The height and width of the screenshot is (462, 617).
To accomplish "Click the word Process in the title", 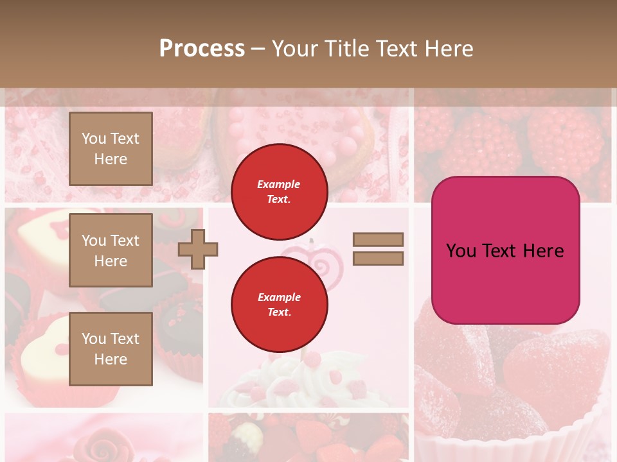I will pos(202,49).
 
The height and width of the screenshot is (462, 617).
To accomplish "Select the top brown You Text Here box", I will pos(111,149).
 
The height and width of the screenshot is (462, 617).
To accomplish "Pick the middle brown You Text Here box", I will pos(111,250).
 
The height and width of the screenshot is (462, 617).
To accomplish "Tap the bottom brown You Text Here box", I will pos(111,348).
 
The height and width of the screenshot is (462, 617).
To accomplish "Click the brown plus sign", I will pos(198,249).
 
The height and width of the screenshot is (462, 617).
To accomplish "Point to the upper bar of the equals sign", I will pos(378,239).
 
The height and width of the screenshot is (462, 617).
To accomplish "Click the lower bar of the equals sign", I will pos(378,259).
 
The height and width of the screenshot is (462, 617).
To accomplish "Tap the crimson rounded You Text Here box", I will pos(505,250).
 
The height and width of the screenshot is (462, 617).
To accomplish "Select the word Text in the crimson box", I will pos(518,250).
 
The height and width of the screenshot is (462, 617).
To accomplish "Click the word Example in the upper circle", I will pos(279,184).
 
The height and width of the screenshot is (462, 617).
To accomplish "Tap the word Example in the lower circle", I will pos(279,297).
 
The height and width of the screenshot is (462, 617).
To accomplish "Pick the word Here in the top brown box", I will pos(111,159).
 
